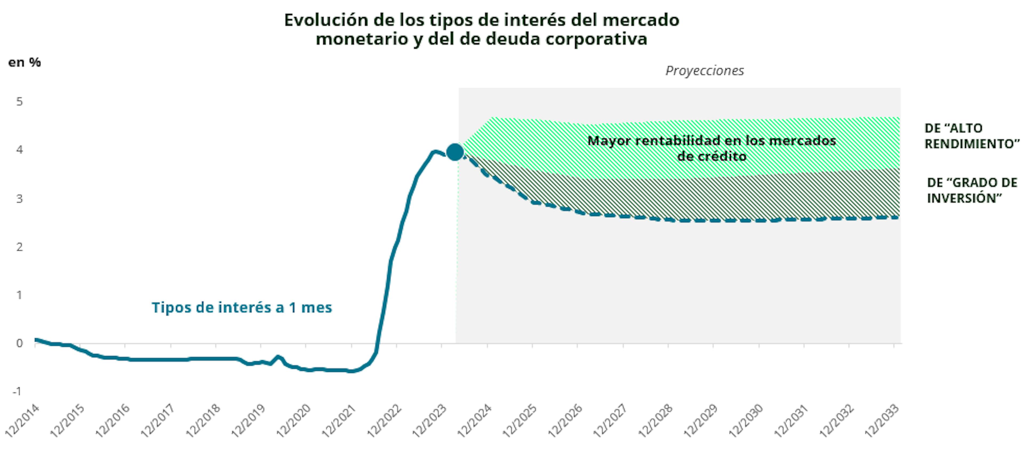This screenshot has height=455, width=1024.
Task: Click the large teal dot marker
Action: coord(455,152)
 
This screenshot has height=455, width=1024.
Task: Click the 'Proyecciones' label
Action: coord(704,70)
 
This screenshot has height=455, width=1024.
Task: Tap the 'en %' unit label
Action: coord(25,62)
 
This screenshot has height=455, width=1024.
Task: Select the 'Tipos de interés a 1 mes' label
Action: coord(242,307)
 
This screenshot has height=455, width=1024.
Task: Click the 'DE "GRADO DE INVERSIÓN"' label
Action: coord(971,190)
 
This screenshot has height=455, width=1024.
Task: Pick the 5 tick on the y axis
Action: coord(19,101)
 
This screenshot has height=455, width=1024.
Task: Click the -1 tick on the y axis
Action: coord(17,391)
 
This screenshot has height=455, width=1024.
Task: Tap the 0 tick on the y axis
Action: coord(19,343)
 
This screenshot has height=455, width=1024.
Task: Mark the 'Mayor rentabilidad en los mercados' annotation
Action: coord(711,140)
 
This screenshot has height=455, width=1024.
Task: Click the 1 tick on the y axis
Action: coord(19,295)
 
